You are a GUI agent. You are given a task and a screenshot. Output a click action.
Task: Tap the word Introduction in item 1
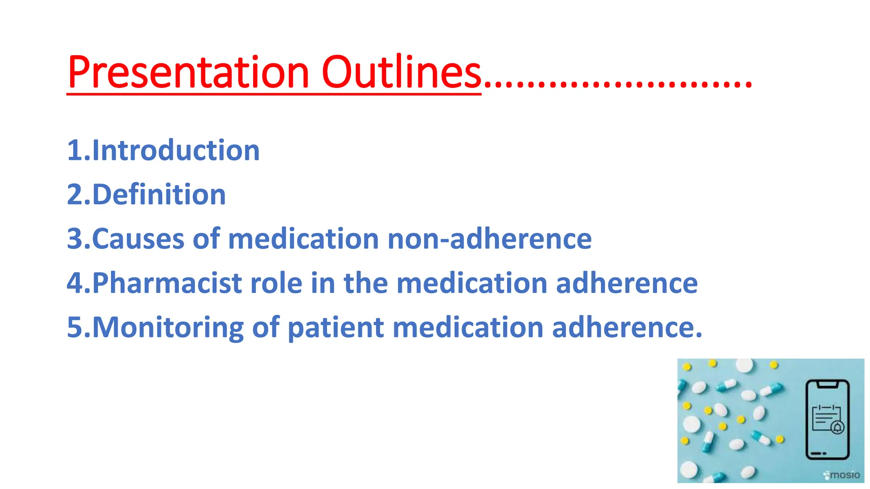pos(175,150)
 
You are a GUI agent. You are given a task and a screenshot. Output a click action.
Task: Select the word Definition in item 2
pos(158,194)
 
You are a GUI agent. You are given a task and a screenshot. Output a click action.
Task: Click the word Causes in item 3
pos(138,239)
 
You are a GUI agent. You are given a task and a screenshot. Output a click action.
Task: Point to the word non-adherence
pos(489,239)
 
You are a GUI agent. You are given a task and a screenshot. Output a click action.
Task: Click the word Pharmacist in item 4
pos(167,283)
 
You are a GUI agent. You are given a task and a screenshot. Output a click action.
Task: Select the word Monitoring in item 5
pos(167,328)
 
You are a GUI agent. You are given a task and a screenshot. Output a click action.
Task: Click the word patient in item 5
pos(336,328)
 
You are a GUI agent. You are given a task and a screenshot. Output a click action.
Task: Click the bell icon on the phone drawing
pos(837,427)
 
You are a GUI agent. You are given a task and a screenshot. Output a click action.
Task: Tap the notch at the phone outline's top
pos(827,385)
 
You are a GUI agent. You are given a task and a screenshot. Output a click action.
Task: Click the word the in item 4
pos(366,283)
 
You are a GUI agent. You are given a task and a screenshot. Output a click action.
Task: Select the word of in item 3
pos(206,239)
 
